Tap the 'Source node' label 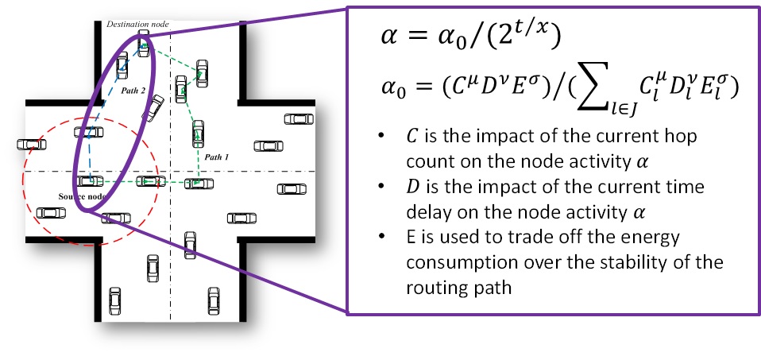[83, 195]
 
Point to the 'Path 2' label [133, 91]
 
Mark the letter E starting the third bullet [409, 239]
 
